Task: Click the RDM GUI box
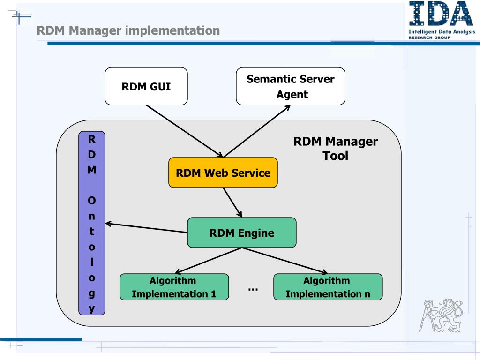click(146, 86)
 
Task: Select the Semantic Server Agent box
click(291, 86)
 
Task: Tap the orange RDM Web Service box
click(223, 172)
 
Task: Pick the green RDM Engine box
click(242, 232)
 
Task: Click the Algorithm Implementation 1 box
click(174, 287)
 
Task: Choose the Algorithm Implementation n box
click(328, 287)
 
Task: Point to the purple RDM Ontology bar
click(92, 223)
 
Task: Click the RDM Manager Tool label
click(336, 149)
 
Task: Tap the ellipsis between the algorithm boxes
click(253, 289)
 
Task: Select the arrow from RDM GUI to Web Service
click(185, 131)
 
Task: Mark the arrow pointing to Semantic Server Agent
click(257, 131)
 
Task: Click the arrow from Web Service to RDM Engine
click(232, 202)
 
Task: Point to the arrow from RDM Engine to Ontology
click(146, 228)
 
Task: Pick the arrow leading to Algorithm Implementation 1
click(208, 261)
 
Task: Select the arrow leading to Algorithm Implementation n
click(285, 261)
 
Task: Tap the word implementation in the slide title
click(172, 30)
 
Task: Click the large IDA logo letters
click(441, 13)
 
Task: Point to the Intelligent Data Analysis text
click(442, 31)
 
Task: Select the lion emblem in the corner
click(441, 315)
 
